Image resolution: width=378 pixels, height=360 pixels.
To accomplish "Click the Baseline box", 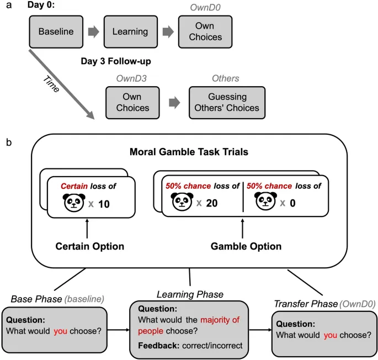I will (56, 32).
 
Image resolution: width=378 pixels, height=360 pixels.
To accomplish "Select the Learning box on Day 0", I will (130, 32).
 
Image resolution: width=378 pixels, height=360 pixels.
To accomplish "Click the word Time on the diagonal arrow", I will (50, 83).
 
